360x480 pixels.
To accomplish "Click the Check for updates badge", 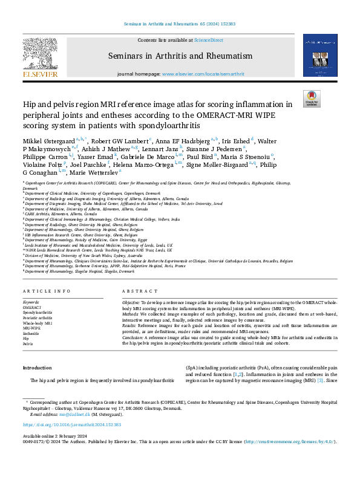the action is click(312, 99).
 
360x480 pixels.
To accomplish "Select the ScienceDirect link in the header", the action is click(207, 40).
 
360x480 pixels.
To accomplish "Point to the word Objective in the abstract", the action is click(132, 302).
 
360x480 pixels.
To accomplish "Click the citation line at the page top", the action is click(180, 24).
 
